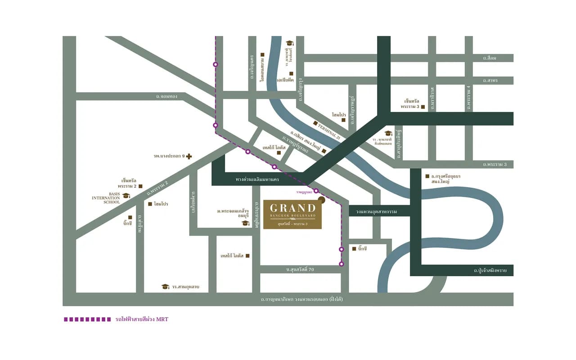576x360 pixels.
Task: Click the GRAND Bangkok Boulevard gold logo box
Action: click(x=292, y=214)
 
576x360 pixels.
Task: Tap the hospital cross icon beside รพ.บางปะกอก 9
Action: click(x=189, y=157)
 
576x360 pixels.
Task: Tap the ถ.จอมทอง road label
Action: click(x=166, y=96)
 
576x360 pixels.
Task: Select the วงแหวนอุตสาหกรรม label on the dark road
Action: click(x=378, y=211)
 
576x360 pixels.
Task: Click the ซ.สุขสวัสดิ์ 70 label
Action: click(x=299, y=269)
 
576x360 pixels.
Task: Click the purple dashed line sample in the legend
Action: click(x=87, y=319)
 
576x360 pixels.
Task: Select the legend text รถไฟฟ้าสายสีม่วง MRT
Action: click(x=142, y=319)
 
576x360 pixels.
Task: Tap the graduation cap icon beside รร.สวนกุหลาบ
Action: click(x=165, y=287)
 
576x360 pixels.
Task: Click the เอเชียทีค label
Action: click(x=285, y=80)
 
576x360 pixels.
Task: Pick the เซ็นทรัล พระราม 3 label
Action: click(x=410, y=104)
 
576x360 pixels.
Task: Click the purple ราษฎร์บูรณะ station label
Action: click(x=304, y=192)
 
